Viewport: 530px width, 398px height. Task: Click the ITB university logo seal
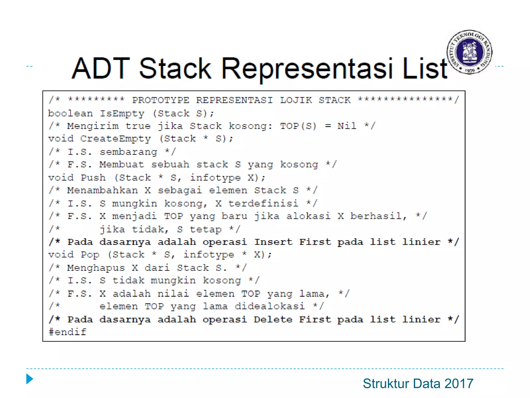(469, 52)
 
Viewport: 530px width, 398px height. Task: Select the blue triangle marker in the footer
(30, 379)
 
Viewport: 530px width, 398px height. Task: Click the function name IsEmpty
(122, 113)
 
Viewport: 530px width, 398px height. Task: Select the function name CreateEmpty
(115, 139)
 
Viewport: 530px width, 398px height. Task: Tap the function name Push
(93, 177)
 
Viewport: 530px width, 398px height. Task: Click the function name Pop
(90, 254)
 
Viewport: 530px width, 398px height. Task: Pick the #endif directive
(67, 332)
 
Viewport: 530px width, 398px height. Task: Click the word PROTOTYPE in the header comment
(161, 100)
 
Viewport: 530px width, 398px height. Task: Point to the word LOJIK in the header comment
(296, 100)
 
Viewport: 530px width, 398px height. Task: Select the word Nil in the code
(347, 126)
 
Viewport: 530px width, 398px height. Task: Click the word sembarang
(128, 152)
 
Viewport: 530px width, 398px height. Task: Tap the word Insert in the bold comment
(273, 242)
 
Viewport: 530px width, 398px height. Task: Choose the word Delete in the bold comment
(273, 319)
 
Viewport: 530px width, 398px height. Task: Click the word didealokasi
(270, 306)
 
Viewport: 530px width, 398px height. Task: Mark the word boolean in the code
(70, 113)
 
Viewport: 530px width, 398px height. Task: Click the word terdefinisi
(263, 203)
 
